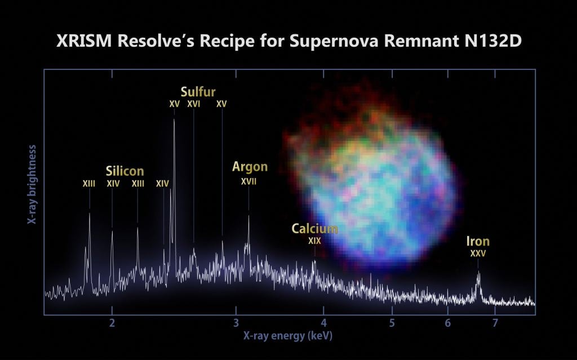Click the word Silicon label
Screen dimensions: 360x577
coord(125,171)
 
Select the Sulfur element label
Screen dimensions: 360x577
coord(198,91)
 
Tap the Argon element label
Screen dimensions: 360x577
coord(250,167)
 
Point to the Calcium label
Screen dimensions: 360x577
coord(314,228)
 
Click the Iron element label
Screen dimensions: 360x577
coord(478,242)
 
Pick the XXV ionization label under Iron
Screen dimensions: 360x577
coord(478,254)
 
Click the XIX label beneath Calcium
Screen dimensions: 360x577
coord(314,241)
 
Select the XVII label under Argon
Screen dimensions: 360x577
coord(248,181)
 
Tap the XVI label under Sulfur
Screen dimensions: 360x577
coord(194,104)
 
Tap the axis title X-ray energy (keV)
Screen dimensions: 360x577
coord(283,336)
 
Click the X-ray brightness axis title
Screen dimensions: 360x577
coord(32,186)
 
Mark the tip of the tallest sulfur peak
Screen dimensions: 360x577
coord(174,119)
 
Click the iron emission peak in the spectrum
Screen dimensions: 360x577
coord(479,273)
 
